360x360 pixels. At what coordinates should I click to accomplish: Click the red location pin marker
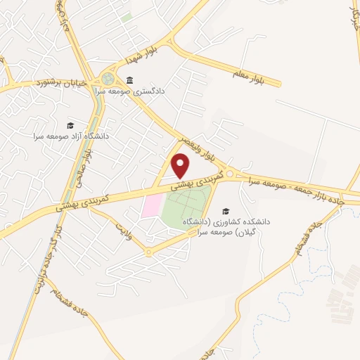coord(181,166)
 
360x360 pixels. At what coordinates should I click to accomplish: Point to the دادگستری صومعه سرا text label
coord(154,91)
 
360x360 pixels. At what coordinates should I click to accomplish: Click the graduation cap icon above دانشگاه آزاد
coord(70,125)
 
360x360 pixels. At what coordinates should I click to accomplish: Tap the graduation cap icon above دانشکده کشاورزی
coord(226,210)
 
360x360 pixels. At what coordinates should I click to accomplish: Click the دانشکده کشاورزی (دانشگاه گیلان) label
coord(226,226)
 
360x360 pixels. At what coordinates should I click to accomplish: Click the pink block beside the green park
coord(151,206)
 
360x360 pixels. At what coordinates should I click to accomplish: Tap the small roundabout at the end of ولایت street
coord(148,252)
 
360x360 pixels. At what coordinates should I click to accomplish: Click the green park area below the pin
coord(184,211)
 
